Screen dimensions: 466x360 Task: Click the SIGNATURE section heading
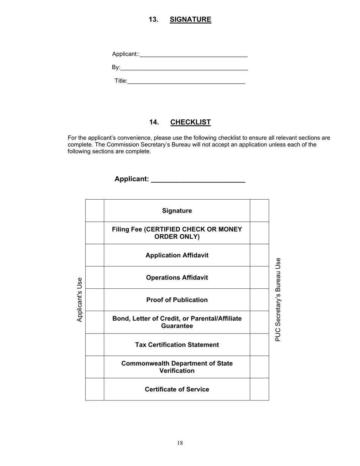coord(190,20)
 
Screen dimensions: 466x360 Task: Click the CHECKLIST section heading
coord(190,122)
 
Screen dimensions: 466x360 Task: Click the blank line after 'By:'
coord(184,68)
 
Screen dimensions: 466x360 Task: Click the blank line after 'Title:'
coord(186,81)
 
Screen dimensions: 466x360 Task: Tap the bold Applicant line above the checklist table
coord(180,179)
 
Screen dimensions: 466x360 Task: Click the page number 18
coord(180,443)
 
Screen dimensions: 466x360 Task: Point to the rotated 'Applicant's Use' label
coord(79,300)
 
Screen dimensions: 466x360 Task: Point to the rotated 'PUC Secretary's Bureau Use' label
coord(278,300)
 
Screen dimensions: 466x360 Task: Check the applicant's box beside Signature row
coord(95,211)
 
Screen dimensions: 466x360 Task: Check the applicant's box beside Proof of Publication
coord(95,300)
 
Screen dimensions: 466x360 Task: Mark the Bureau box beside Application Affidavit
coord(259,255)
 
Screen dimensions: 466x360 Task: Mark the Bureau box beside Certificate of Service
coord(259,389)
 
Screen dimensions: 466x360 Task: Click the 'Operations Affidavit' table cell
coord(177,278)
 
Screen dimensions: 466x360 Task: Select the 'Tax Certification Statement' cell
coord(177,345)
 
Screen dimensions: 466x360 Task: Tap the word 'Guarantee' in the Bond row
coord(177,326)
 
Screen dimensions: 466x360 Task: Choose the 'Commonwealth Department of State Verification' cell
coord(177,367)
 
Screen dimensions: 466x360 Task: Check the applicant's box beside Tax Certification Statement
coord(95,345)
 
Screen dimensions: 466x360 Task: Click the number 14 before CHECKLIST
coord(153,122)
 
